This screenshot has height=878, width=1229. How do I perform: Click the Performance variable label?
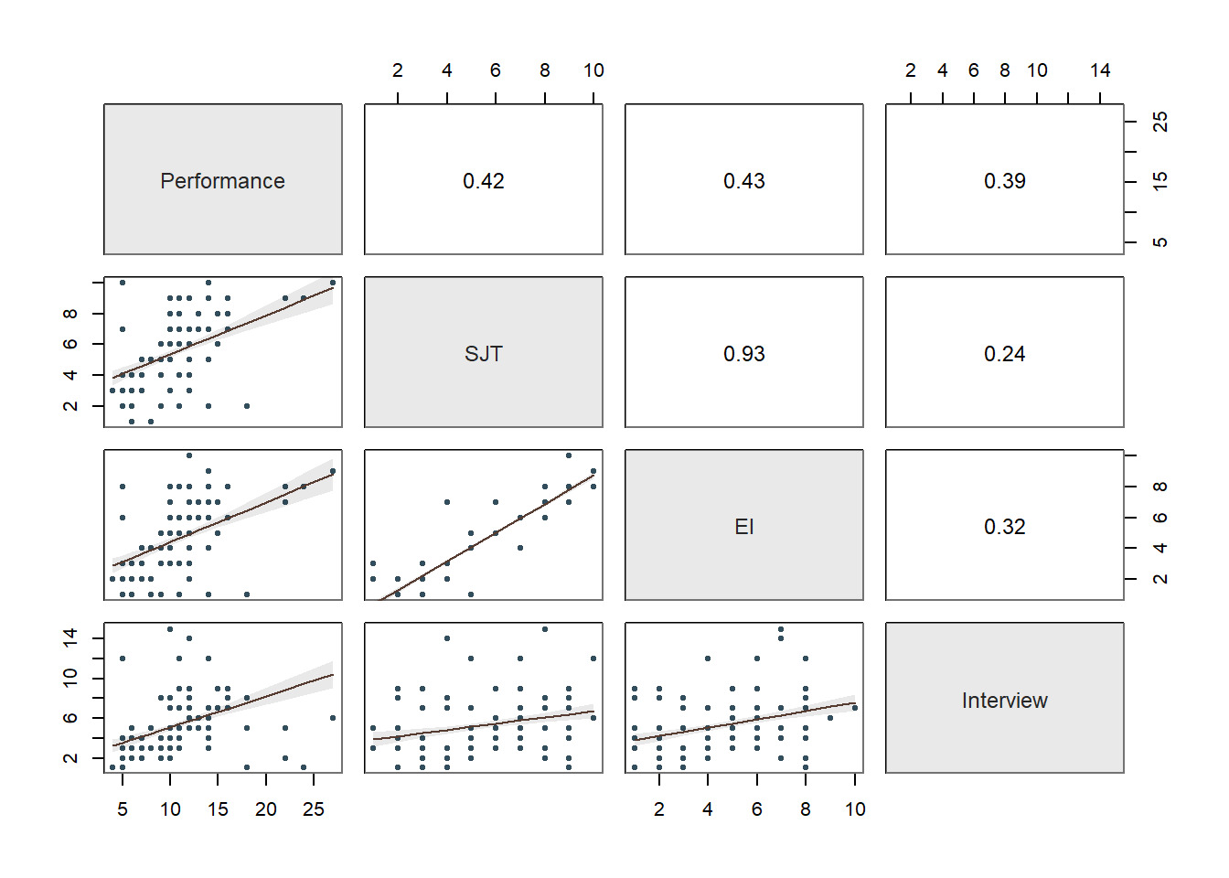pos(222,181)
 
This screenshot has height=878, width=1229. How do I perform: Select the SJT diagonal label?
pos(483,354)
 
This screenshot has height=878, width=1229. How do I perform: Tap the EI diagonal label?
pos(743,527)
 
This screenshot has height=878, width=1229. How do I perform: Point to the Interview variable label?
pos(1004,701)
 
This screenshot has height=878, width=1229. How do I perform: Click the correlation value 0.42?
pos(483,181)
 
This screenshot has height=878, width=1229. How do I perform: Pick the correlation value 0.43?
pos(743,181)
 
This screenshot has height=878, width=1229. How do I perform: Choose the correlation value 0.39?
pos(1004,181)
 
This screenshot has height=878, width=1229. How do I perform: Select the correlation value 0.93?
pos(743,354)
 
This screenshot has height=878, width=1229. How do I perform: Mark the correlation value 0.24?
pos(1004,354)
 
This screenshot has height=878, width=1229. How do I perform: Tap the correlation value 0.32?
pos(1004,527)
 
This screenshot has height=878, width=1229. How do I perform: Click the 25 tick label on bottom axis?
pos(314,809)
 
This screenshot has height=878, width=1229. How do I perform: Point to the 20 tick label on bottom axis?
pos(266,809)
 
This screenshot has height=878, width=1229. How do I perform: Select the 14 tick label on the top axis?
pos(1100,70)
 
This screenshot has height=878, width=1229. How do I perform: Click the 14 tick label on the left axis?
pos(70,637)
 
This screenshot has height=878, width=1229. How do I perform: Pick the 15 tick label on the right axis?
pos(1160,182)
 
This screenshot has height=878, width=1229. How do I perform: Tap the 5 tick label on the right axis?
pos(1160,242)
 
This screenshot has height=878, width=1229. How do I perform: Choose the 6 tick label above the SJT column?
pos(496,70)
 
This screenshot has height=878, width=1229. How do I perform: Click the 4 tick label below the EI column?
pos(708,809)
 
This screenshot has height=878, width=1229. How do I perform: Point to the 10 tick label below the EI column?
pos(855,809)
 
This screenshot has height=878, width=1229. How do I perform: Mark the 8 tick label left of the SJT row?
pos(70,314)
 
